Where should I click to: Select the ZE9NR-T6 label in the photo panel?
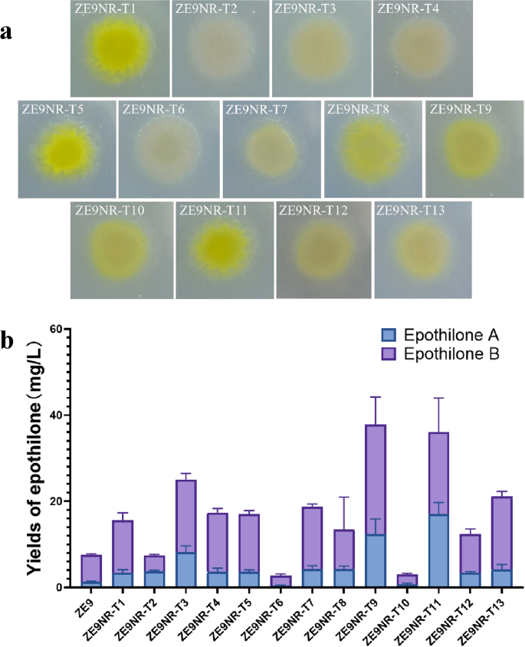point(153,109)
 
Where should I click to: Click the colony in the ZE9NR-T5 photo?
point(67,146)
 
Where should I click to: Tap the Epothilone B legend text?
point(452,354)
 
